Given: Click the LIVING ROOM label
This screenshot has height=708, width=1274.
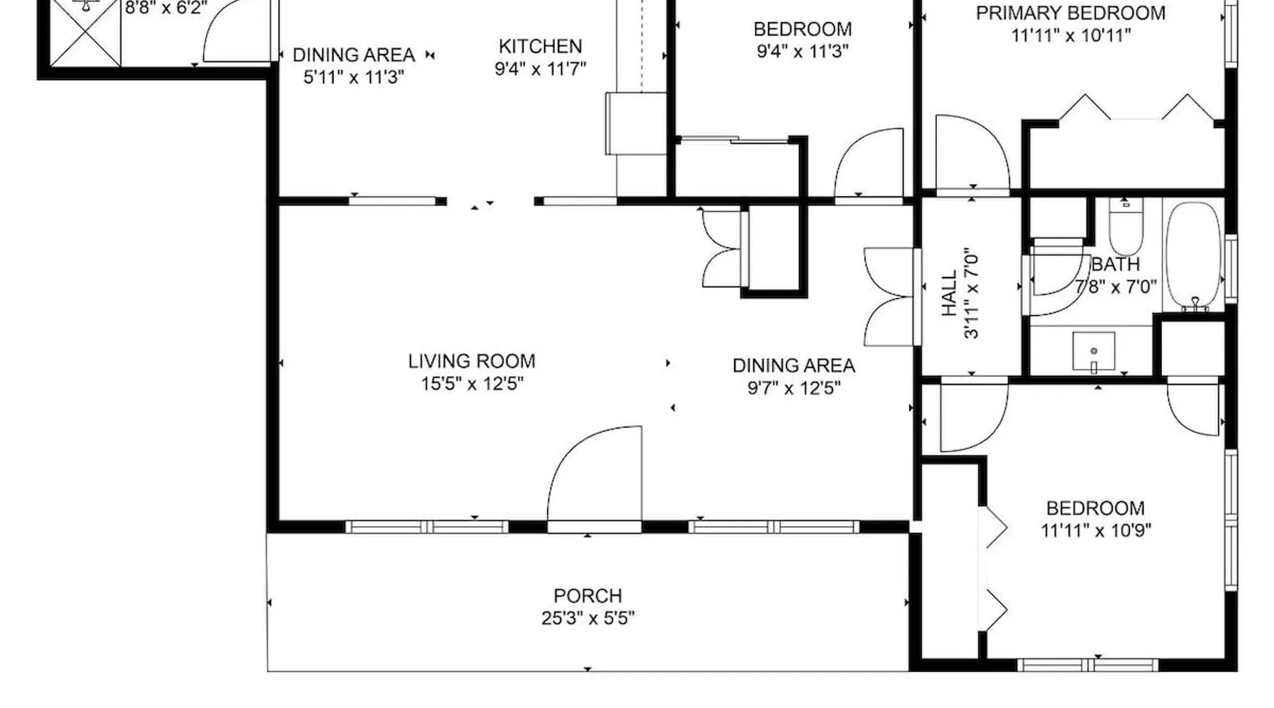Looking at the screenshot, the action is (x=471, y=361).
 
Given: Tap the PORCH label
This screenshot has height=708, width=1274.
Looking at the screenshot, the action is (x=587, y=595).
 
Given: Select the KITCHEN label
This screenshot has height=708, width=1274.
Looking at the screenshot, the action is (x=540, y=47).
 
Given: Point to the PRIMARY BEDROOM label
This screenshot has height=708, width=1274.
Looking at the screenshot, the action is (x=1070, y=13).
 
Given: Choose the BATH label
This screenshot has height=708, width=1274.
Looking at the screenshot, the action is (x=1115, y=265).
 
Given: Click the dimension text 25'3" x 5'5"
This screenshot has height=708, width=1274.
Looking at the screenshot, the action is (x=587, y=618).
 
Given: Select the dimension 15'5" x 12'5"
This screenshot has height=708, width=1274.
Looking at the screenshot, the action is (x=472, y=384).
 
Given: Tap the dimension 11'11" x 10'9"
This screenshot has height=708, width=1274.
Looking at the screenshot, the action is (x=1096, y=530).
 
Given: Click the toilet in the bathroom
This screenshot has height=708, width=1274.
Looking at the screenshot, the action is (x=1125, y=227).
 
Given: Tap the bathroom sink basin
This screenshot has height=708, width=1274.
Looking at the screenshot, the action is (x=1094, y=352).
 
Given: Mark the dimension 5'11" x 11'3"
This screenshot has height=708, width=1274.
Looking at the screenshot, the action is (x=354, y=77).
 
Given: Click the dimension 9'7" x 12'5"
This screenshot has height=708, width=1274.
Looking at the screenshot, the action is (x=793, y=388).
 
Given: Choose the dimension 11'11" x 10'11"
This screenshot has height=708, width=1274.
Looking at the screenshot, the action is (x=1071, y=35).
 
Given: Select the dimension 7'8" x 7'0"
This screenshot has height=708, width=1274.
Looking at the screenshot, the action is (x=1115, y=287).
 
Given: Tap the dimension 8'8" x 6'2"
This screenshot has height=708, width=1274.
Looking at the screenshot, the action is (x=166, y=8).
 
